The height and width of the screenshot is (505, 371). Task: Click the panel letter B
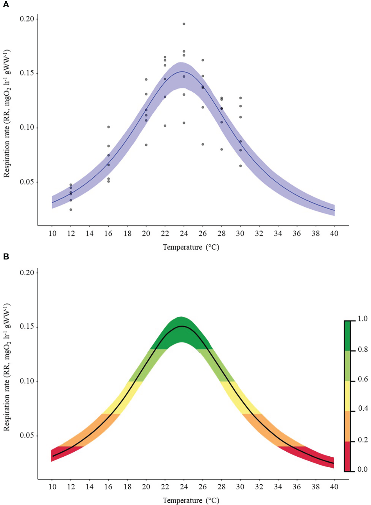coord(6,256)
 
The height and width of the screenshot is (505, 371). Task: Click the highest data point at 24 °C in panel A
coord(184,24)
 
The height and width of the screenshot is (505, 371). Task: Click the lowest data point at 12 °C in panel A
coord(71,210)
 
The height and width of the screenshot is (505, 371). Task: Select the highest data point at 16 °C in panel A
coord(108,127)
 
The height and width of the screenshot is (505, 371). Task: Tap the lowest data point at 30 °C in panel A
coord(240,166)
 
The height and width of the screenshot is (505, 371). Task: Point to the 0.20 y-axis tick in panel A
coord(27,19)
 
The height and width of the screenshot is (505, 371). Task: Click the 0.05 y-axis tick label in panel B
coord(27,435)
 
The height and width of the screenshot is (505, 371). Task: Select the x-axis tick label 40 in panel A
coord(334,233)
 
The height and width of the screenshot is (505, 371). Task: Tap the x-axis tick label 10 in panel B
coord(52,487)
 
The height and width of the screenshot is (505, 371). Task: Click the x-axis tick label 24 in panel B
coord(184,487)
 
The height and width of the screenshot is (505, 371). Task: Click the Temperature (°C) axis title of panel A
coord(191,247)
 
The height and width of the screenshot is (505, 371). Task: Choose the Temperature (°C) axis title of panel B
coord(191,500)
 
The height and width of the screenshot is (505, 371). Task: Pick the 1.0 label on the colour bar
coord(362,319)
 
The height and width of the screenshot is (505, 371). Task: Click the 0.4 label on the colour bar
coord(362,409)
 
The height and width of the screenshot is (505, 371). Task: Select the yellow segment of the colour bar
coord(347,396)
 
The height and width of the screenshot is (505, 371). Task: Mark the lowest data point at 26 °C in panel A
coord(203,144)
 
